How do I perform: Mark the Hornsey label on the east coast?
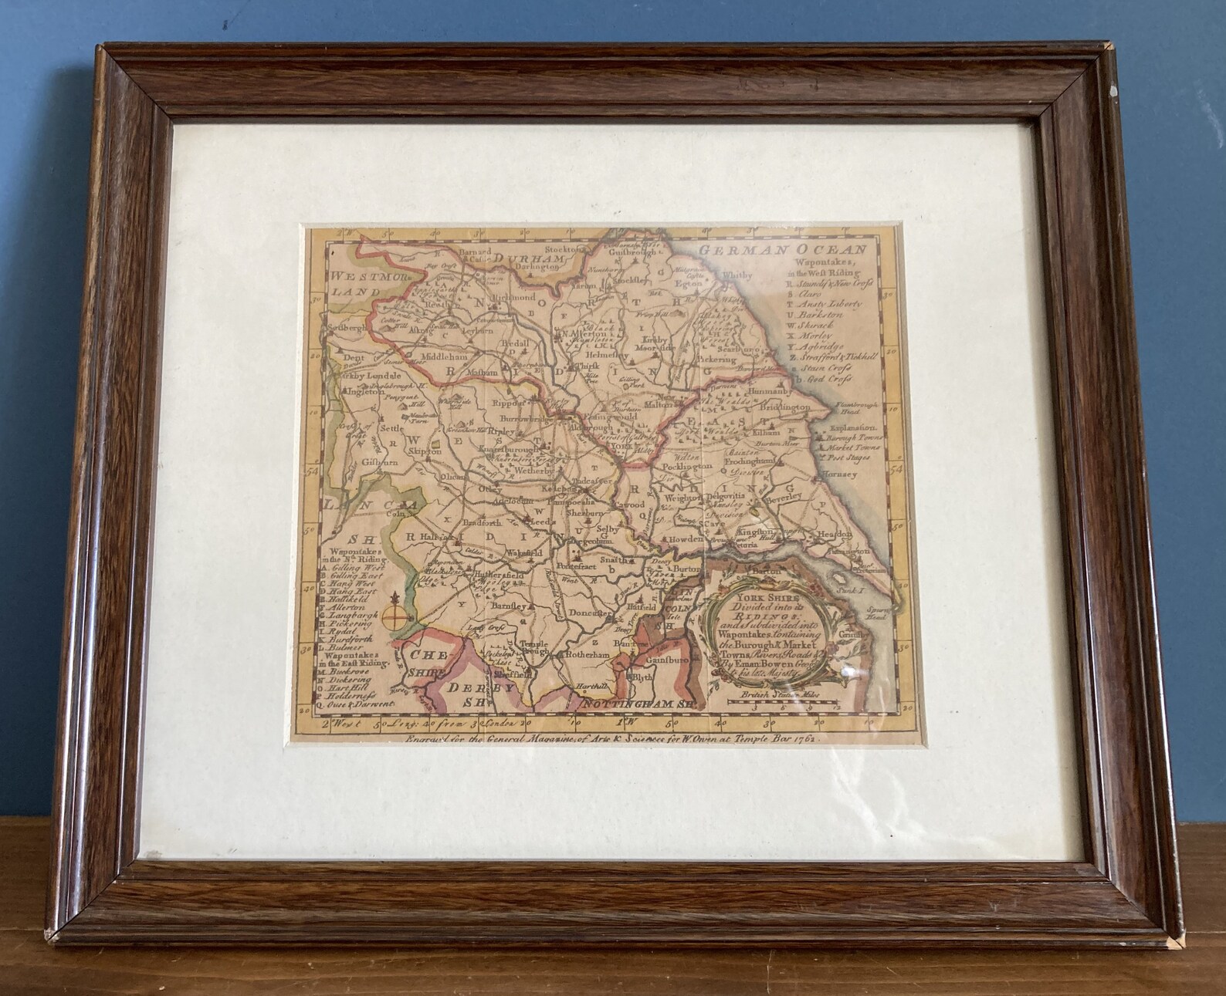coord(839,474)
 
